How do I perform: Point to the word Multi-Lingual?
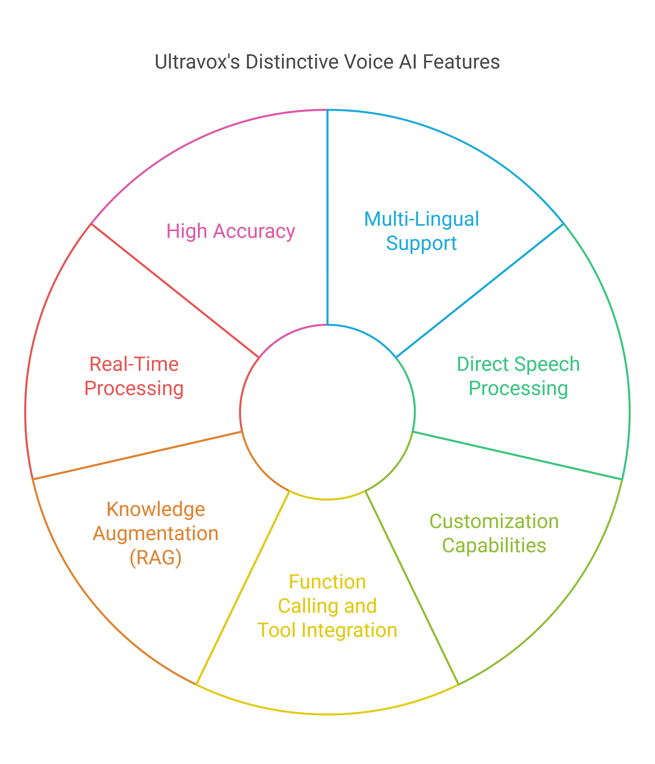click(x=421, y=219)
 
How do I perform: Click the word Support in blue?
click(x=421, y=243)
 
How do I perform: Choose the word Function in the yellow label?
click(x=327, y=582)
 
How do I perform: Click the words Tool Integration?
click(x=327, y=630)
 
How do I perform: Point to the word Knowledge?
click(x=156, y=509)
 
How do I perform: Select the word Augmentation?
click(x=156, y=533)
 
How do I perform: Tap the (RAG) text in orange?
click(x=156, y=558)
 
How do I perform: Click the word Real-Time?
click(x=134, y=364)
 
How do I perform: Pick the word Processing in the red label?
click(x=134, y=388)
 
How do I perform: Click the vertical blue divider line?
click(x=327, y=218)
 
